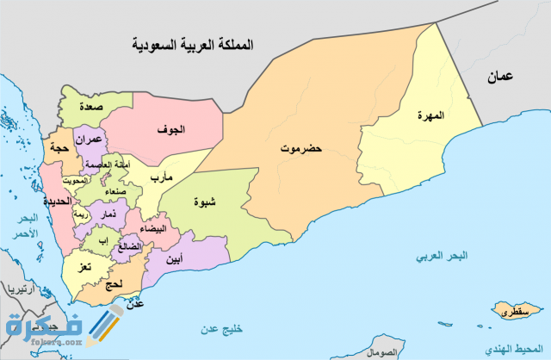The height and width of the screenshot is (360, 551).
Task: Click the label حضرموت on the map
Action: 300,149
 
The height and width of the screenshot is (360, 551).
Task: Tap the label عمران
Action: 89,139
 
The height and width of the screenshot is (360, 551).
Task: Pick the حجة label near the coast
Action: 59,148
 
